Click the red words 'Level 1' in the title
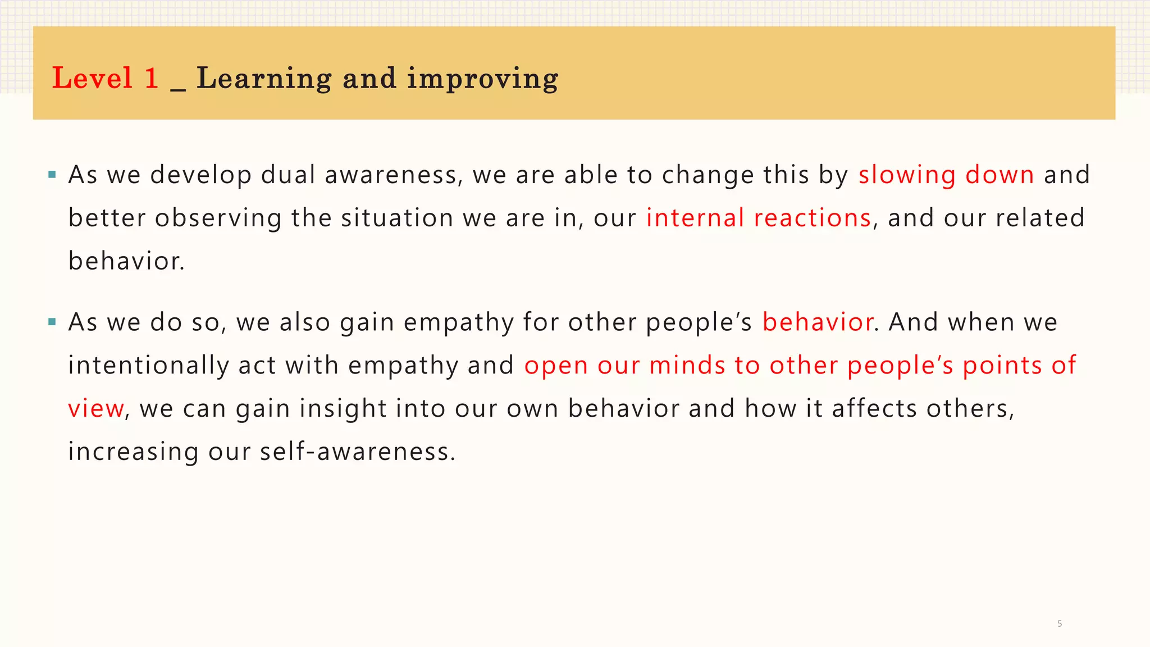click(105, 78)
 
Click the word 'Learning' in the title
click(264, 78)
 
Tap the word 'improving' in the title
click(482, 79)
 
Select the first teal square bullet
click(52, 175)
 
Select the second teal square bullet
click(52, 322)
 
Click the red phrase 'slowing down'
click(946, 175)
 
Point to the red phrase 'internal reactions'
click(759, 218)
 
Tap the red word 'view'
click(95, 408)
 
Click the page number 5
click(1060, 623)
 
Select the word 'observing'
click(218, 218)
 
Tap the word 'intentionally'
click(148, 366)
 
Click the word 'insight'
click(343, 408)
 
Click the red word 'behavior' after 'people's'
click(818, 322)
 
